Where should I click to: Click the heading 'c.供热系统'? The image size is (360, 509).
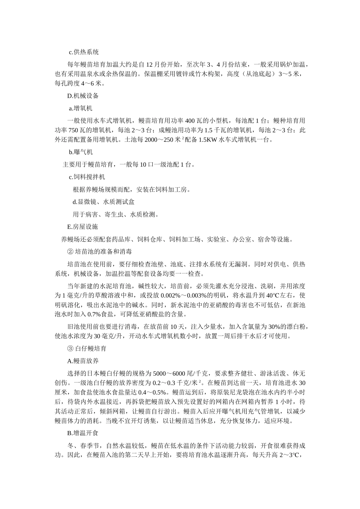84,52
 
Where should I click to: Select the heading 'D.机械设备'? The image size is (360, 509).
83,96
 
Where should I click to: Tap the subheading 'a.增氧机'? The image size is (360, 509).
81,108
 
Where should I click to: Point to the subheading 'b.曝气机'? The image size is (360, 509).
81,152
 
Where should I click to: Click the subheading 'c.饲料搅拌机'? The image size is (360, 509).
87,177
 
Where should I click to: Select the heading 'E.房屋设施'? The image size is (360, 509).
83,227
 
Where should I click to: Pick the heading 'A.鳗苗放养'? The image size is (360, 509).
83,361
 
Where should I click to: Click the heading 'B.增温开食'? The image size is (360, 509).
83,433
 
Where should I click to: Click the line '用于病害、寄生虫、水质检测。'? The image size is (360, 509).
115,214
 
